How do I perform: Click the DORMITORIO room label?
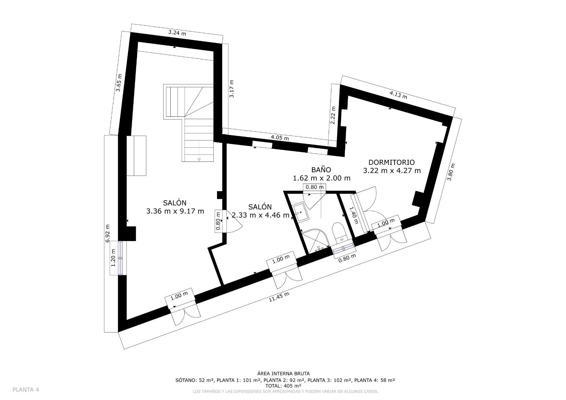391,162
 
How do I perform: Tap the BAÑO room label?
321,170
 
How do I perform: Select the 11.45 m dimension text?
279,297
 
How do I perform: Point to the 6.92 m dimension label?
108,233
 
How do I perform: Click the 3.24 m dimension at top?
177,32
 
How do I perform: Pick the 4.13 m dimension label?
398,95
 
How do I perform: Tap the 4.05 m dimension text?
280,137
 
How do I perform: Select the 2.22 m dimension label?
333,115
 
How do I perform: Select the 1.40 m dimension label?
353,215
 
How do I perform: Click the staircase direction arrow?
199,159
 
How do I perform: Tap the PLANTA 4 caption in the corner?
26,390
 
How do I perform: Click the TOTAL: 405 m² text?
283,386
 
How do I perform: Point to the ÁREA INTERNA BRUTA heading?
283,374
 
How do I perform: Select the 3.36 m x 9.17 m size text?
175,211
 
